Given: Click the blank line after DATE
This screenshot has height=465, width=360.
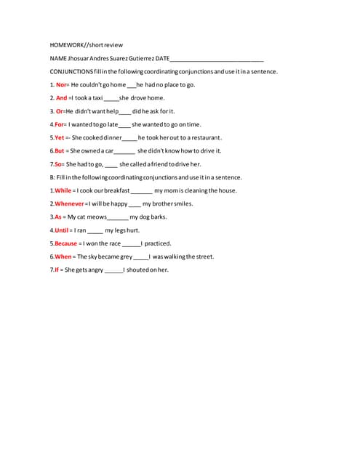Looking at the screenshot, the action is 217,58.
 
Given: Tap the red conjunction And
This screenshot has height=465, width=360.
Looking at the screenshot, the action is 61,98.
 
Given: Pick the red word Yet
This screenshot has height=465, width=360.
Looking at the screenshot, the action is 59,137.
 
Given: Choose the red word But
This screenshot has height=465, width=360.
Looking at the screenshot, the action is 60,150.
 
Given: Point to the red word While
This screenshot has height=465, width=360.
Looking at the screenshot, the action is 63,190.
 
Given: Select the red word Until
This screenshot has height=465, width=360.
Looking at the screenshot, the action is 61,230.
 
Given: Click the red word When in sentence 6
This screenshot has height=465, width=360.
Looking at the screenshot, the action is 63,256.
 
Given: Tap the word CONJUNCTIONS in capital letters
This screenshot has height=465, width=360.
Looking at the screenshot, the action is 71,71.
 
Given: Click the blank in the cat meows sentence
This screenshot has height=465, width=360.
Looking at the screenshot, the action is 118,217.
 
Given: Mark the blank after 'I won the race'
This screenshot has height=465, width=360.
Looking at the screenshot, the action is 131,244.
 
